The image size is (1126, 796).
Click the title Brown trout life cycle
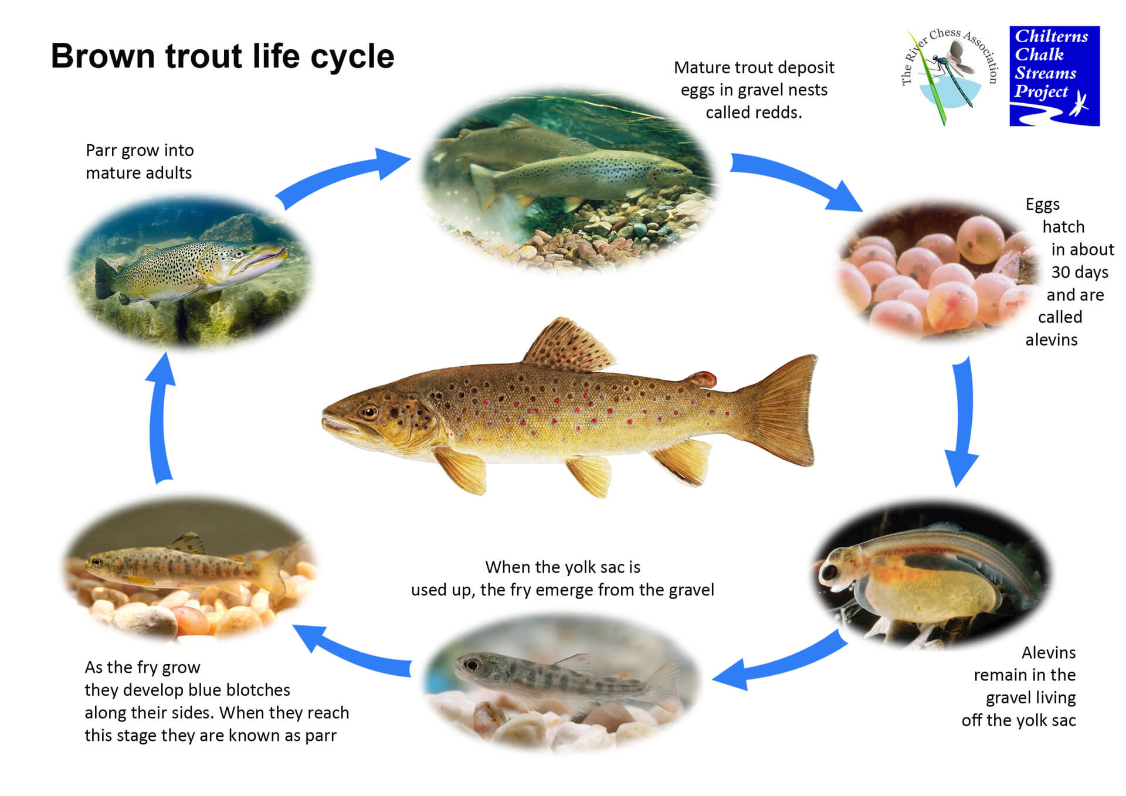[222, 56]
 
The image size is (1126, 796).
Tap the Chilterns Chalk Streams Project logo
[1054, 76]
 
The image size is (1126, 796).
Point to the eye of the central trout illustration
[369, 412]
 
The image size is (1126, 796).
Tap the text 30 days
[1080, 273]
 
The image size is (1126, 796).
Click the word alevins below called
[1052, 340]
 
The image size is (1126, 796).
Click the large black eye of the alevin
[830, 572]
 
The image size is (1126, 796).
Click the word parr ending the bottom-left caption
[321, 736]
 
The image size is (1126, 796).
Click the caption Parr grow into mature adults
[140, 161]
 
